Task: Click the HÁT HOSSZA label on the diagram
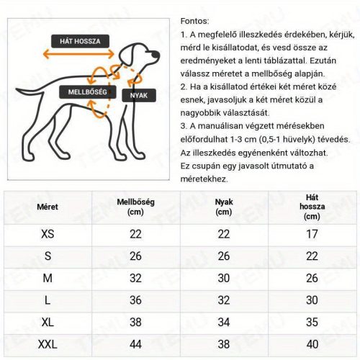[80, 40]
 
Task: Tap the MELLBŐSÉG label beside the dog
[87, 92]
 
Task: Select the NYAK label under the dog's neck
[138, 95]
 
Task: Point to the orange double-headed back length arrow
[78, 54]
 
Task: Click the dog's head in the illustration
[136, 52]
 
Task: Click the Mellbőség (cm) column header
[135, 207]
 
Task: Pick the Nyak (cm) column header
[224, 207]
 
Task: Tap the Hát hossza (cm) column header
[312, 206]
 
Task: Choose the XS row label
[48, 234]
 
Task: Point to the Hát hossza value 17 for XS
[312, 234]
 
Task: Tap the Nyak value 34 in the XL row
[224, 321]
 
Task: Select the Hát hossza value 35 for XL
[312, 321]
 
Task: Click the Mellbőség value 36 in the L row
[135, 300]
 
